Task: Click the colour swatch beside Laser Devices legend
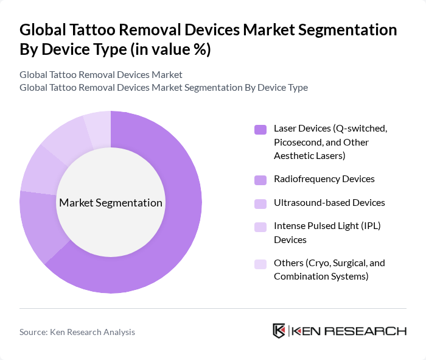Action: [260, 129]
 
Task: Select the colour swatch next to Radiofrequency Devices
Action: [260, 180]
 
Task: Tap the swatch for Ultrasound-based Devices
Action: [260, 203]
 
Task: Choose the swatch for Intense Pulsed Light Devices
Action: [260, 227]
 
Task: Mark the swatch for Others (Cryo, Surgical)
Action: [260, 264]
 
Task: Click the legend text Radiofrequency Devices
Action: [324, 179]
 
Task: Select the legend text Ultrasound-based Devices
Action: [329, 202]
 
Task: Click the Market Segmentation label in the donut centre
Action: [111, 203]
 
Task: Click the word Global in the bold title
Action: [43, 30]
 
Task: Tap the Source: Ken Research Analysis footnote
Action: [77, 332]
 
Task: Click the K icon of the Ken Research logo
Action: [279, 331]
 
